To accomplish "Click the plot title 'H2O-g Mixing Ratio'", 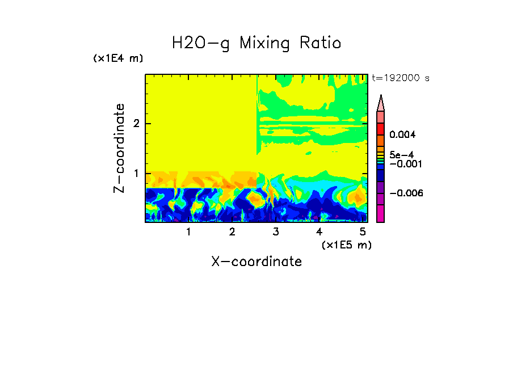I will click(x=256, y=43).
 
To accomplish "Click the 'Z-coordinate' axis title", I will click(x=120, y=148).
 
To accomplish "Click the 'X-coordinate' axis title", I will click(x=256, y=262).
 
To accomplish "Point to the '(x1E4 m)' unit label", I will click(x=118, y=58).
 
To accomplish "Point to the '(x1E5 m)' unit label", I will click(x=346, y=244).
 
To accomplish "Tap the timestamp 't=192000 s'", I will click(x=400, y=78).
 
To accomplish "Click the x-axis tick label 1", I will click(x=188, y=232).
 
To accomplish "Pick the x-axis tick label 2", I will click(x=232, y=232).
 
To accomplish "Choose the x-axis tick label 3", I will click(x=276, y=232).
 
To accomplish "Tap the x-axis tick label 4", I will click(x=319, y=232).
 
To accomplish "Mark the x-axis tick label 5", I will click(x=363, y=232).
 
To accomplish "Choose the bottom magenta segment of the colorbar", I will click(x=380, y=214).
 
